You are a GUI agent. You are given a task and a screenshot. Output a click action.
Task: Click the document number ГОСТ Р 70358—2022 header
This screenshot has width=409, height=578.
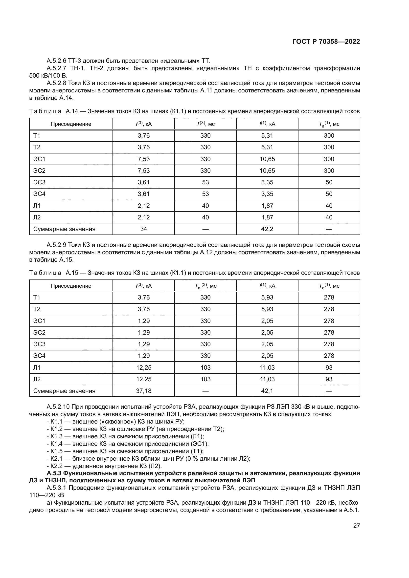326,42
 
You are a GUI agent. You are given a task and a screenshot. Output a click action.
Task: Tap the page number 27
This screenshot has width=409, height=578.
356,525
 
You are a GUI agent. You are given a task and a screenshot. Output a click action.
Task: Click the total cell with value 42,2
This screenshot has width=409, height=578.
267,229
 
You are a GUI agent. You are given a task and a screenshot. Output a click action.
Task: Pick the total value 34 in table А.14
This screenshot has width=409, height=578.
144,229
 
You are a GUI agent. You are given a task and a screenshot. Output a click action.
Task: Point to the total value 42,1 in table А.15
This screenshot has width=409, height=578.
267,391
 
